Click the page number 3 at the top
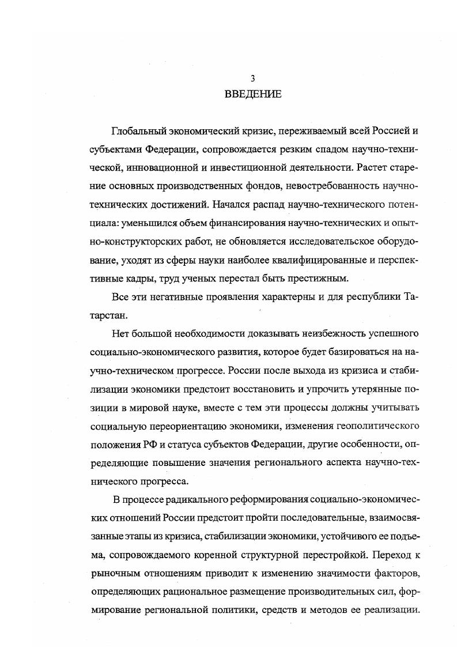(x=252, y=78)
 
